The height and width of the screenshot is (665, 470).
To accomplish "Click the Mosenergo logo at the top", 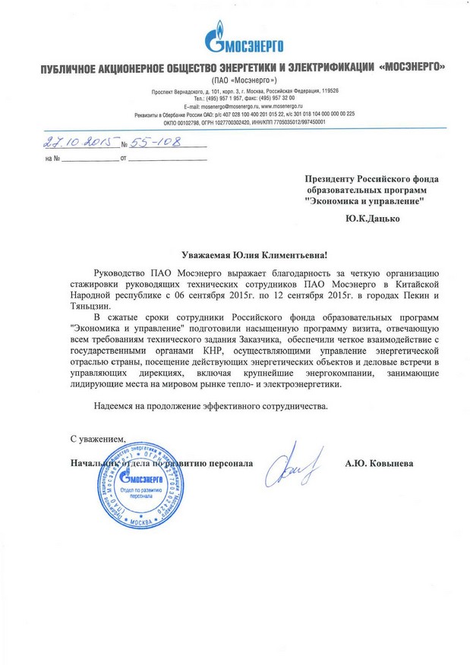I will tap(235, 37).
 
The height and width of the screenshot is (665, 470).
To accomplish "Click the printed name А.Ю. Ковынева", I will tap(379, 462).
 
